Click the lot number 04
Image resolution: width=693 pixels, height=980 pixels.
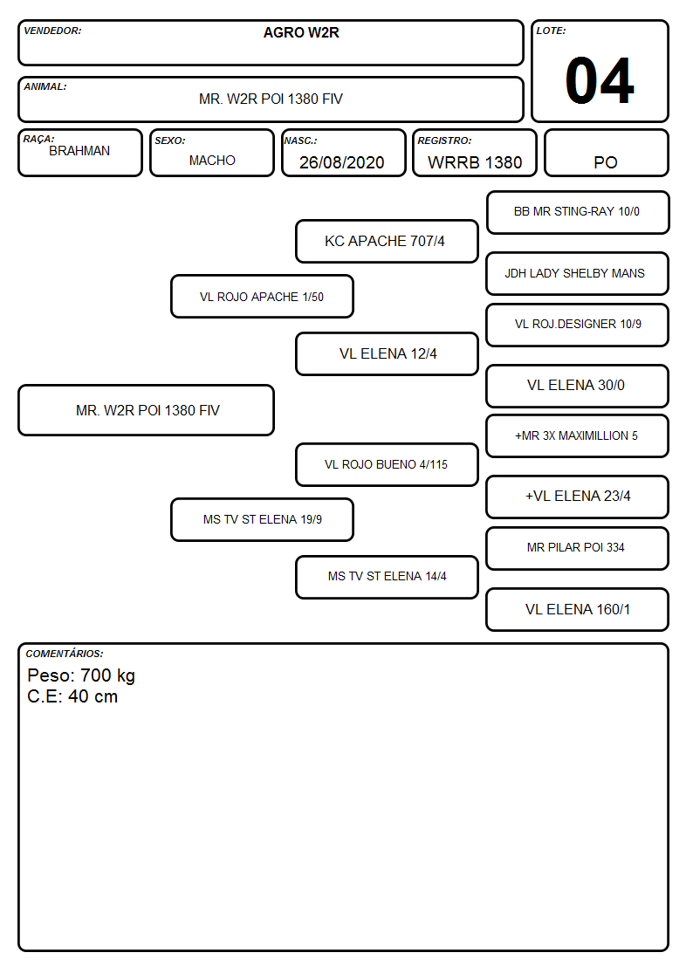pos(600,80)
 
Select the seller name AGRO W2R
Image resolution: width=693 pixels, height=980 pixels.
pos(301,32)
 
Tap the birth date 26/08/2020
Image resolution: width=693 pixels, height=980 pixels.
pos(342,162)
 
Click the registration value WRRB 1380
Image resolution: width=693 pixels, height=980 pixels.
pos(475,162)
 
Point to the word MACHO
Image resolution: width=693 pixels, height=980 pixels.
pos(212,161)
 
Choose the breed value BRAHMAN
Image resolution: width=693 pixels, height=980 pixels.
pos(79,151)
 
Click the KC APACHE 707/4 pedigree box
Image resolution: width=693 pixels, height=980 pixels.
pos(387,241)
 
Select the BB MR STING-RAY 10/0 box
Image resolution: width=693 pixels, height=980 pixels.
pos(578,213)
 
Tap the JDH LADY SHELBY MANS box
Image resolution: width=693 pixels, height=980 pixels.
pos(578,274)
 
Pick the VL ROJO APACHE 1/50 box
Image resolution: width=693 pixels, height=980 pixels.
pos(262,297)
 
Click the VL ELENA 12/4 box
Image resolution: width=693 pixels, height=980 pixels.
pos(387,353)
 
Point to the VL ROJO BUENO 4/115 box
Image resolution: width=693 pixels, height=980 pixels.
pos(387,464)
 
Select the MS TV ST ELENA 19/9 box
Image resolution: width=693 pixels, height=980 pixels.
pos(262,519)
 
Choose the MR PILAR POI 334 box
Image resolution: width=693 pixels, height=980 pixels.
pos(578,548)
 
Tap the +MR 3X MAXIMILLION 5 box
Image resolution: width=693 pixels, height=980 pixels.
pos(578,436)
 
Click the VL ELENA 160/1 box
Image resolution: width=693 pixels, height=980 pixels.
pos(578,609)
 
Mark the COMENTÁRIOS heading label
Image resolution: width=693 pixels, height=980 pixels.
pos(65,654)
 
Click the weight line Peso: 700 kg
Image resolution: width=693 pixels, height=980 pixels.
pos(81,675)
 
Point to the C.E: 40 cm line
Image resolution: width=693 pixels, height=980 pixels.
pos(72,696)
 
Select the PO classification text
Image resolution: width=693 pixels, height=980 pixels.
pos(606,162)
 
